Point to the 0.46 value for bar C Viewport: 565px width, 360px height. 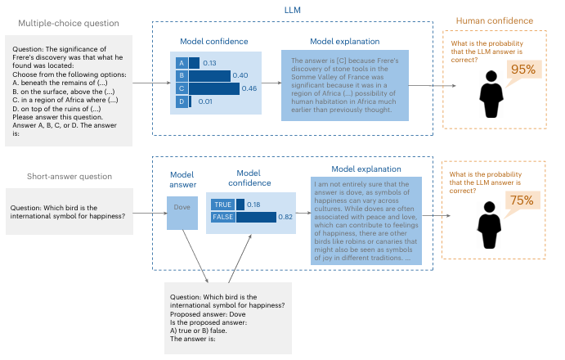pyautogui.click(x=245, y=88)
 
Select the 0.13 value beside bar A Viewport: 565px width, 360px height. pyautogui.click(x=210, y=62)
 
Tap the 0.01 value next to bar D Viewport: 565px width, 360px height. pyautogui.click(x=204, y=101)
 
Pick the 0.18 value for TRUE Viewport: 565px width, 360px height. pyautogui.click(x=255, y=204)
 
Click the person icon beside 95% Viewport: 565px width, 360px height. pyautogui.click(x=491, y=94)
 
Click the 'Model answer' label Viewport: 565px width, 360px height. pyautogui.click(x=181, y=179)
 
